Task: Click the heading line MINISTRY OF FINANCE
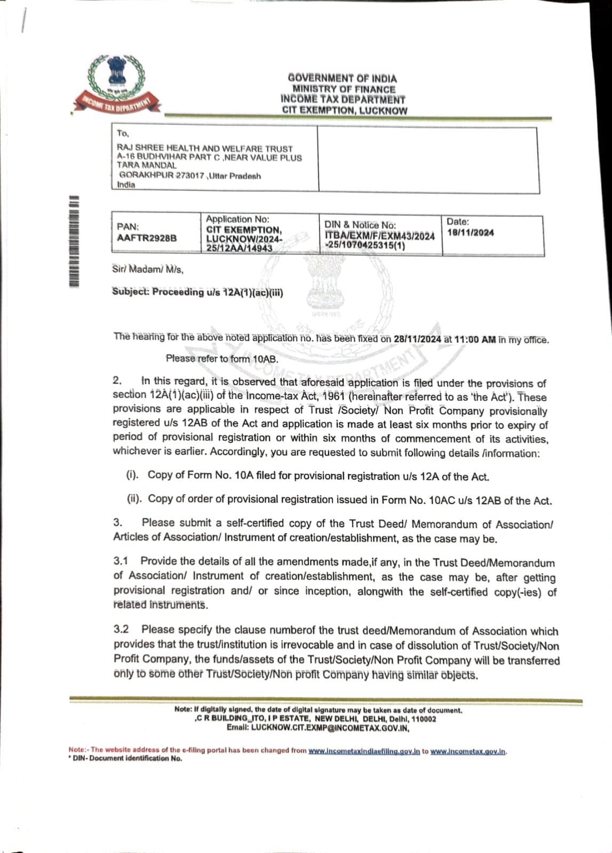click(x=344, y=89)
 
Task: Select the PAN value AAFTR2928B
click(x=147, y=238)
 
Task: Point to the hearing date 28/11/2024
click(x=417, y=339)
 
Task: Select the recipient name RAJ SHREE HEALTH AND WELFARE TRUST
click(x=205, y=148)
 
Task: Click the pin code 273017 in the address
click(x=190, y=175)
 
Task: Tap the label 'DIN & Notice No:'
click(x=360, y=225)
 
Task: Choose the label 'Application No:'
click(x=237, y=219)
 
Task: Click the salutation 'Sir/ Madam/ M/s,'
click(x=148, y=269)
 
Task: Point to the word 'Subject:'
click(x=130, y=292)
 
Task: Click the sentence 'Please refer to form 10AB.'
click(x=222, y=359)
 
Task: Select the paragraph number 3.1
click(x=121, y=561)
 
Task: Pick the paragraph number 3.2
click(x=121, y=629)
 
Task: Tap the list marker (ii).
click(x=134, y=499)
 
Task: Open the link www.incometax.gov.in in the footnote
click(x=468, y=751)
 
